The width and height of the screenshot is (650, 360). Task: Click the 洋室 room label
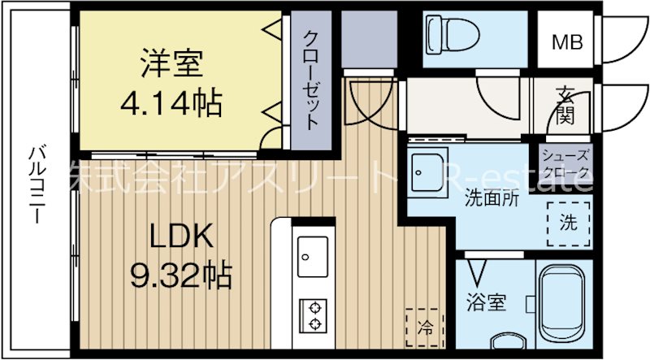[171, 63]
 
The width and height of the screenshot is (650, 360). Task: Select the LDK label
[180, 237]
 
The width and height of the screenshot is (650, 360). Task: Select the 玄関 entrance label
[565, 106]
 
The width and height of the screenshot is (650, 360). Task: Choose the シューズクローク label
[567, 163]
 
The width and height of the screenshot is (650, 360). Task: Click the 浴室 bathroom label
[486, 303]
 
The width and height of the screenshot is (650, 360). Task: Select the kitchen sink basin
[313, 256]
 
